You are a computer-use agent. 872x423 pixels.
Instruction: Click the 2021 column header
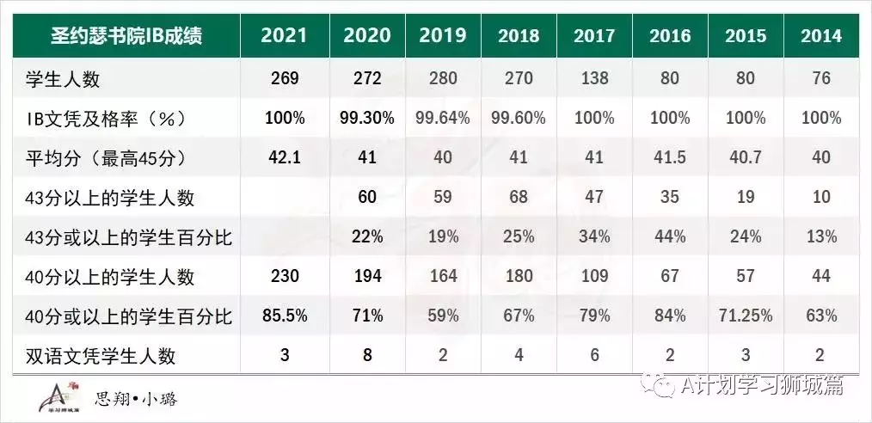[x=284, y=35]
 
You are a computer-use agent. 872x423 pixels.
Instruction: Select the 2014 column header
[x=820, y=36]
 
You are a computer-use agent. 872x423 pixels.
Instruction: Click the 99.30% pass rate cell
[x=366, y=118]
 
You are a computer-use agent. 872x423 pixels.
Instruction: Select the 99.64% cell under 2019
[x=442, y=118]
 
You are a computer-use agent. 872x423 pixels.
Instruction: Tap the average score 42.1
[x=284, y=157]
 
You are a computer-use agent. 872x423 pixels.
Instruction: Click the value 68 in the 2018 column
[x=519, y=197]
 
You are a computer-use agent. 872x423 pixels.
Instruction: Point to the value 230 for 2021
[x=284, y=276]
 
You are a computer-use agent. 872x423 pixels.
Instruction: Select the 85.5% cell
[x=284, y=316]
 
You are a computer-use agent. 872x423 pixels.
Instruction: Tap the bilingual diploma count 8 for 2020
[x=366, y=355]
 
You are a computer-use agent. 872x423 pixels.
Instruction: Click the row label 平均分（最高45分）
[x=103, y=158]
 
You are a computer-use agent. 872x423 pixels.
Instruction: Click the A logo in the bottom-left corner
[x=53, y=396]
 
